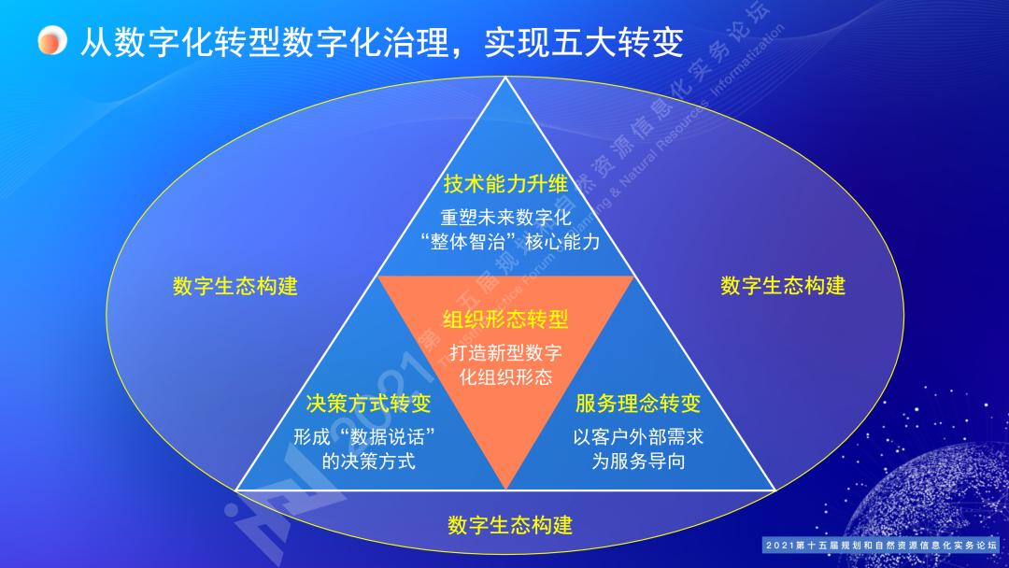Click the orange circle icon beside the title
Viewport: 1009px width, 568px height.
tap(51, 41)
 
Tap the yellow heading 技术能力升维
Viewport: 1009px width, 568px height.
tap(505, 183)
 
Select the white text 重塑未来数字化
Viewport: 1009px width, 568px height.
tap(505, 218)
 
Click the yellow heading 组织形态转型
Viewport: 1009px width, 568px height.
tap(505, 319)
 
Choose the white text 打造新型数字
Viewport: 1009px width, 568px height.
tap(505, 354)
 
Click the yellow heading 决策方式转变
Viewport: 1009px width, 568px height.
tap(368, 404)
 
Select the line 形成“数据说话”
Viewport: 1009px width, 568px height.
tap(368, 436)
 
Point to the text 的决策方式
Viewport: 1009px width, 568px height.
tap(368, 461)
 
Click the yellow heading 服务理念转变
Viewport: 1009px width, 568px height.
tap(638, 404)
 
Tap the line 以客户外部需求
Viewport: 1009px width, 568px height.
tap(638, 436)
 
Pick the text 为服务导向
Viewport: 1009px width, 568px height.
tap(638, 461)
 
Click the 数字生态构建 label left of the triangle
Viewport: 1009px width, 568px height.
tap(234, 286)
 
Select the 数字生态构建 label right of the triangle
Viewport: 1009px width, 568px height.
tap(783, 286)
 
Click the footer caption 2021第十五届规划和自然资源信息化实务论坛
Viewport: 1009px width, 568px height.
tap(881, 545)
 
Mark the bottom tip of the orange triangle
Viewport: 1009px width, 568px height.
tap(505, 489)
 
